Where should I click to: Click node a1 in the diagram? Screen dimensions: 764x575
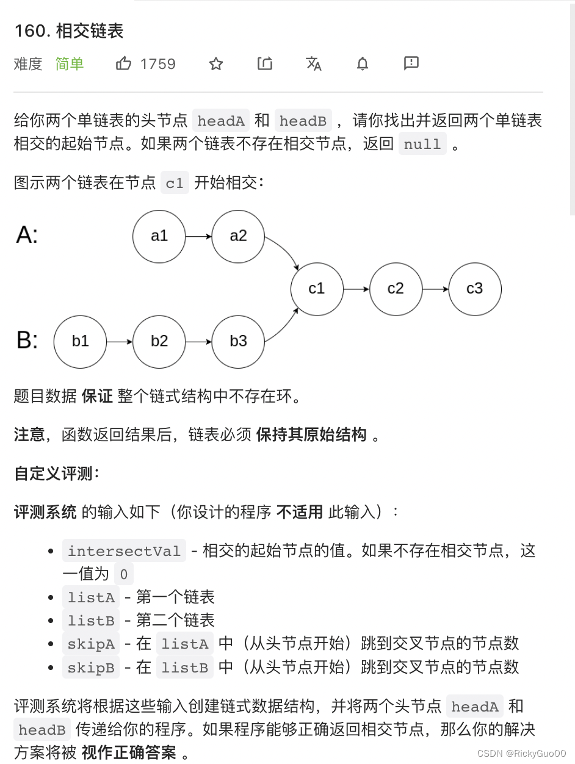click(159, 236)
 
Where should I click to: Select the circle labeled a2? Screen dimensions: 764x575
click(238, 236)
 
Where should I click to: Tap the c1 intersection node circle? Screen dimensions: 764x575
click(317, 289)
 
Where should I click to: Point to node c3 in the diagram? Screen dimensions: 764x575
click(475, 289)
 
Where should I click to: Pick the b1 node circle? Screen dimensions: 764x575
click(80, 341)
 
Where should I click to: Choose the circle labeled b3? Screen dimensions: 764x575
click(238, 341)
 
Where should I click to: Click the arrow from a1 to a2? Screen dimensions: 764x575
click(198, 236)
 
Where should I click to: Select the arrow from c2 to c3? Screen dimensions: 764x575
click(435, 289)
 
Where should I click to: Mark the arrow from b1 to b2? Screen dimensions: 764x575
click(119, 341)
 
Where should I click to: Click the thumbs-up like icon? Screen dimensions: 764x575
click(124, 63)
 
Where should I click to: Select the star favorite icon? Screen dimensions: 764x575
click(216, 63)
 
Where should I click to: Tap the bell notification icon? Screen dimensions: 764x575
click(363, 63)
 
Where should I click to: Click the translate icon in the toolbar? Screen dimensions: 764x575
click(314, 63)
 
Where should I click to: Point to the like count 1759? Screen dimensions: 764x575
click(157, 64)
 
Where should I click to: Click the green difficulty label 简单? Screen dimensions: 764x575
click(70, 64)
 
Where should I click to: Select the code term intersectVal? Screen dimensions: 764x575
click(124, 551)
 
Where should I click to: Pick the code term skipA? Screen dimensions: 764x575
click(91, 644)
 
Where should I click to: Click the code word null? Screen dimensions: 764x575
click(422, 145)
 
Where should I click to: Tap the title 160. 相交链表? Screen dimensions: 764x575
click(69, 31)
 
